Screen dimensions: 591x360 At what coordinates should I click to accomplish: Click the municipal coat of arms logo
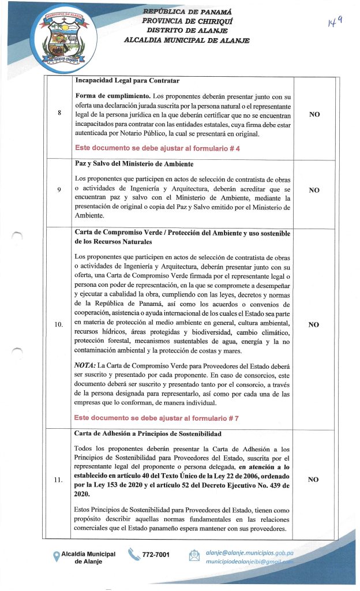(x=58, y=38)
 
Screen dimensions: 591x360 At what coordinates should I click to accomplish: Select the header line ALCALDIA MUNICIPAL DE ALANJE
(x=186, y=40)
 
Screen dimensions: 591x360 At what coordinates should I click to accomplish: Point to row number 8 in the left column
(x=59, y=113)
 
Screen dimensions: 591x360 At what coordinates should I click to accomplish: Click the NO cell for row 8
(x=314, y=115)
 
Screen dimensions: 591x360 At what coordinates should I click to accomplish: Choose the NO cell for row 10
(x=314, y=325)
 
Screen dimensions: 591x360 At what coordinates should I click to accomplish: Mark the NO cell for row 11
(x=314, y=479)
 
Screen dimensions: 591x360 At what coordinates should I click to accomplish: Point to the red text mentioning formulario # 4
(x=157, y=148)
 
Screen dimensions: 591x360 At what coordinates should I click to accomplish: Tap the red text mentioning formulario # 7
(x=157, y=416)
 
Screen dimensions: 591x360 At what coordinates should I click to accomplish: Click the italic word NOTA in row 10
(x=85, y=365)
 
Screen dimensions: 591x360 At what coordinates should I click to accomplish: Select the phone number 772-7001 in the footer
(x=156, y=555)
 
